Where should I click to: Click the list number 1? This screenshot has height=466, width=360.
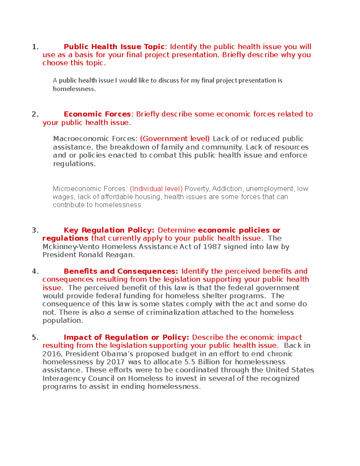coord(35,47)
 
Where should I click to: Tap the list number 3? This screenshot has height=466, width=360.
coord(35,230)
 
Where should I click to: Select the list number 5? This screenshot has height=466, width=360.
coord(35,337)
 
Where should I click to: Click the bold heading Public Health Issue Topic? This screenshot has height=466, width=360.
coord(114,47)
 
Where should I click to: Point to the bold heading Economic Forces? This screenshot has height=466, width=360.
coord(97,114)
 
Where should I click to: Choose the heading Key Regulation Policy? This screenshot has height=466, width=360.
coord(109,230)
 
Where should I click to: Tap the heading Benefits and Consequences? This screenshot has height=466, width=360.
coord(121,271)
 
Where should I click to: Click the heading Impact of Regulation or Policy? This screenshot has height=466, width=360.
coord(126,337)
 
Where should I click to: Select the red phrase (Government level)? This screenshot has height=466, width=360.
coord(175,139)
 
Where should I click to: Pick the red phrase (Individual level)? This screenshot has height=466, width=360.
coord(156,189)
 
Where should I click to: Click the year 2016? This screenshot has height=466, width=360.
coord(52,354)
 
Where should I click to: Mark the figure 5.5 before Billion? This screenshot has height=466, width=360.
coord(190,362)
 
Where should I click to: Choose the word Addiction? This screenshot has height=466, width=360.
coord(227,189)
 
